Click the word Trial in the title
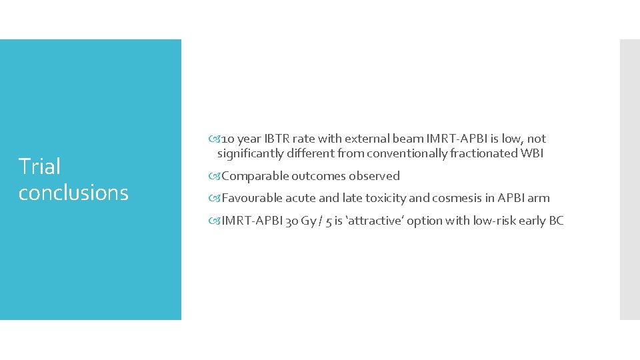pyautogui.click(x=39, y=167)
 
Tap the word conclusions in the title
pyautogui.click(x=73, y=193)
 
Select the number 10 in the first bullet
pyautogui.click(x=227, y=139)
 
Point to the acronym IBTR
pyautogui.click(x=277, y=139)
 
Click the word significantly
pyautogui.click(x=250, y=153)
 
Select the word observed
pyautogui.click(x=374, y=176)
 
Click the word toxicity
pyautogui.click(x=383, y=198)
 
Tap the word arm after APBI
pyautogui.click(x=538, y=198)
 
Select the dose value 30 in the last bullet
pyautogui.click(x=291, y=221)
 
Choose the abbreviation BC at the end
pyautogui.click(x=556, y=221)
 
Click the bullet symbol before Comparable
pyautogui.click(x=217, y=176)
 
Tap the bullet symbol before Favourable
pyautogui.click(x=217, y=198)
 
